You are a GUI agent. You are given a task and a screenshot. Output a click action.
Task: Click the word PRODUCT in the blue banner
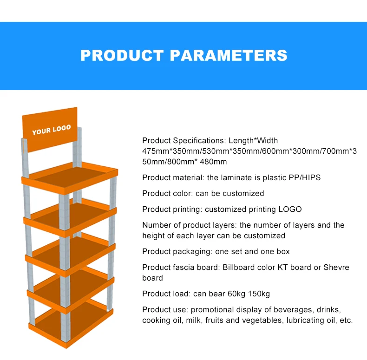(x=122, y=55)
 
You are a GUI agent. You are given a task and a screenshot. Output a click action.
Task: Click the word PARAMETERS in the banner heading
(x=228, y=55)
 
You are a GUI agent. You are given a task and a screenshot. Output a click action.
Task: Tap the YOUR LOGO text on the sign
(x=51, y=130)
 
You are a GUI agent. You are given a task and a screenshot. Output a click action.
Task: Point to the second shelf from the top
(x=70, y=216)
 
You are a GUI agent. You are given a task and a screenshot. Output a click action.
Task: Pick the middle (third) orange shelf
(x=70, y=253)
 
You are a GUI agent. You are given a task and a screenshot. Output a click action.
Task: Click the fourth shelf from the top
(x=70, y=288)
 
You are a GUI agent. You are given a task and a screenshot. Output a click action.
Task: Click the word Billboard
(x=240, y=267)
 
